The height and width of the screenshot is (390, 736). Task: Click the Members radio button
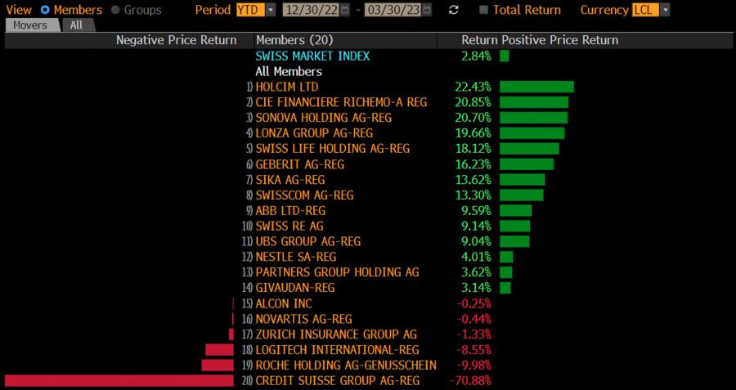[45, 10]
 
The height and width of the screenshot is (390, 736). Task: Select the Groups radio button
[115, 10]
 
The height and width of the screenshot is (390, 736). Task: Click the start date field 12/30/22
[310, 10]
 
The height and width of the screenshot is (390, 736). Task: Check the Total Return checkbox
[484, 10]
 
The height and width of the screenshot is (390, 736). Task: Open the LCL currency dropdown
[651, 10]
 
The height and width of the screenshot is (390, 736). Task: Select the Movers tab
[30, 25]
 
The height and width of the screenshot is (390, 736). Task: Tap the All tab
[76, 25]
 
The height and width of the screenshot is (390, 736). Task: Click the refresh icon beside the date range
[454, 10]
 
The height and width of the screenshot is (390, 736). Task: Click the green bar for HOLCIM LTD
[536, 87]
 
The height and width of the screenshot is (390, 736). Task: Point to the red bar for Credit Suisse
[119, 381]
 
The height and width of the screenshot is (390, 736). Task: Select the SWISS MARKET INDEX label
[312, 56]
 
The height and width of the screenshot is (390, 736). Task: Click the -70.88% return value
[470, 381]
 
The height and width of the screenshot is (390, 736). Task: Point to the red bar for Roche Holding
[218, 365]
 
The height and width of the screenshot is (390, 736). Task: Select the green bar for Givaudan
[505, 288]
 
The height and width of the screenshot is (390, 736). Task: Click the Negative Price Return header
[176, 40]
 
